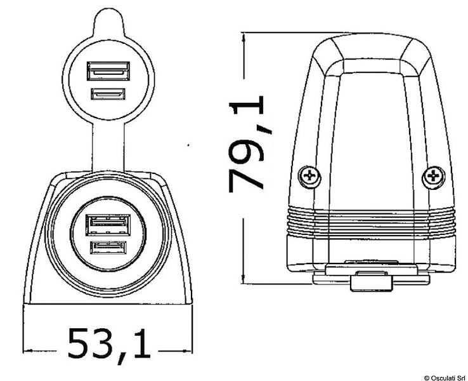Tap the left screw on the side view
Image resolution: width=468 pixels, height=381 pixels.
pyautogui.click(x=310, y=176)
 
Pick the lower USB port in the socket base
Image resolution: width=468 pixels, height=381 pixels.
pyautogui.click(x=108, y=247)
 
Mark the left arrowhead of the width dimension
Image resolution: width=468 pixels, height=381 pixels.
pyautogui.click(x=27, y=349)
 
